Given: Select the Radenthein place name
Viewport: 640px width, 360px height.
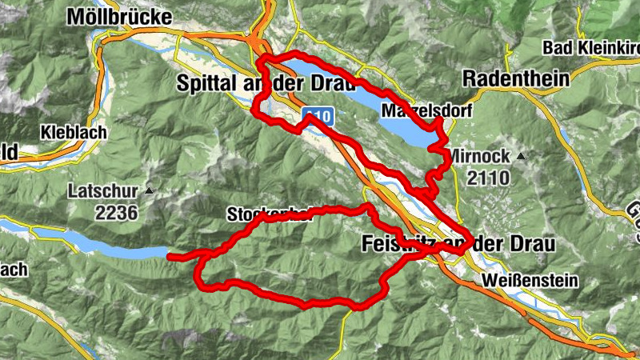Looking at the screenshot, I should pyautogui.click(x=516, y=78).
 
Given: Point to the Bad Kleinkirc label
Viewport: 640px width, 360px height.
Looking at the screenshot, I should pyautogui.click(x=590, y=48).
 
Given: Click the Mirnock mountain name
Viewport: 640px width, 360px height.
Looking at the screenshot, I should pyautogui.click(x=478, y=155).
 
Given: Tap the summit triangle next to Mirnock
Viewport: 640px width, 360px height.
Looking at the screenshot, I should pyautogui.click(x=521, y=155).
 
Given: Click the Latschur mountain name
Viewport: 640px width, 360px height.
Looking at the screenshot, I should pyautogui.click(x=102, y=192).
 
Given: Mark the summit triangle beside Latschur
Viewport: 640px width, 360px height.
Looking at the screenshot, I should pyautogui.click(x=148, y=192).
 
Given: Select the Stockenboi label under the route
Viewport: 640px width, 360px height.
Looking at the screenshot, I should pyautogui.click(x=269, y=214).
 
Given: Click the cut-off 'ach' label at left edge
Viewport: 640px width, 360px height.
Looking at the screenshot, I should pyautogui.click(x=14, y=269).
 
